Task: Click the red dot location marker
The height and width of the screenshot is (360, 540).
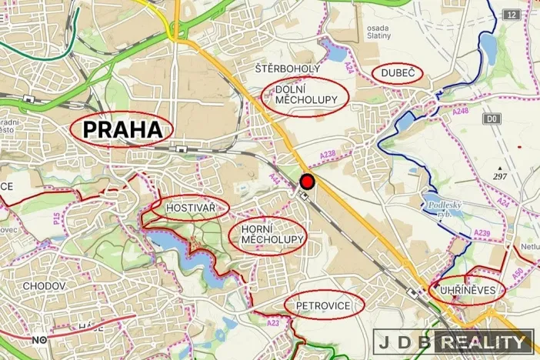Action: [x=307, y=182]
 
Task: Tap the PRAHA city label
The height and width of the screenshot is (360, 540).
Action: [x=122, y=130]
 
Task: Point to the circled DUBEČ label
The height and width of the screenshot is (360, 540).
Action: [x=397, y=73]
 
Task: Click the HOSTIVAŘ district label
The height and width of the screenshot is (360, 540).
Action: [x=191, y=207]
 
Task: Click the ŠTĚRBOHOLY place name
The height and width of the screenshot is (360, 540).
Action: [x=286, y=68]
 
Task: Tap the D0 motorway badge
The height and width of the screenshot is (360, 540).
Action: [x=492, y=118]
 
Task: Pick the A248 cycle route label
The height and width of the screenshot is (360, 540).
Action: [x=460, y=112]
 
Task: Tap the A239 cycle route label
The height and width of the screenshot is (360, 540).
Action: [x=482, y=232]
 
